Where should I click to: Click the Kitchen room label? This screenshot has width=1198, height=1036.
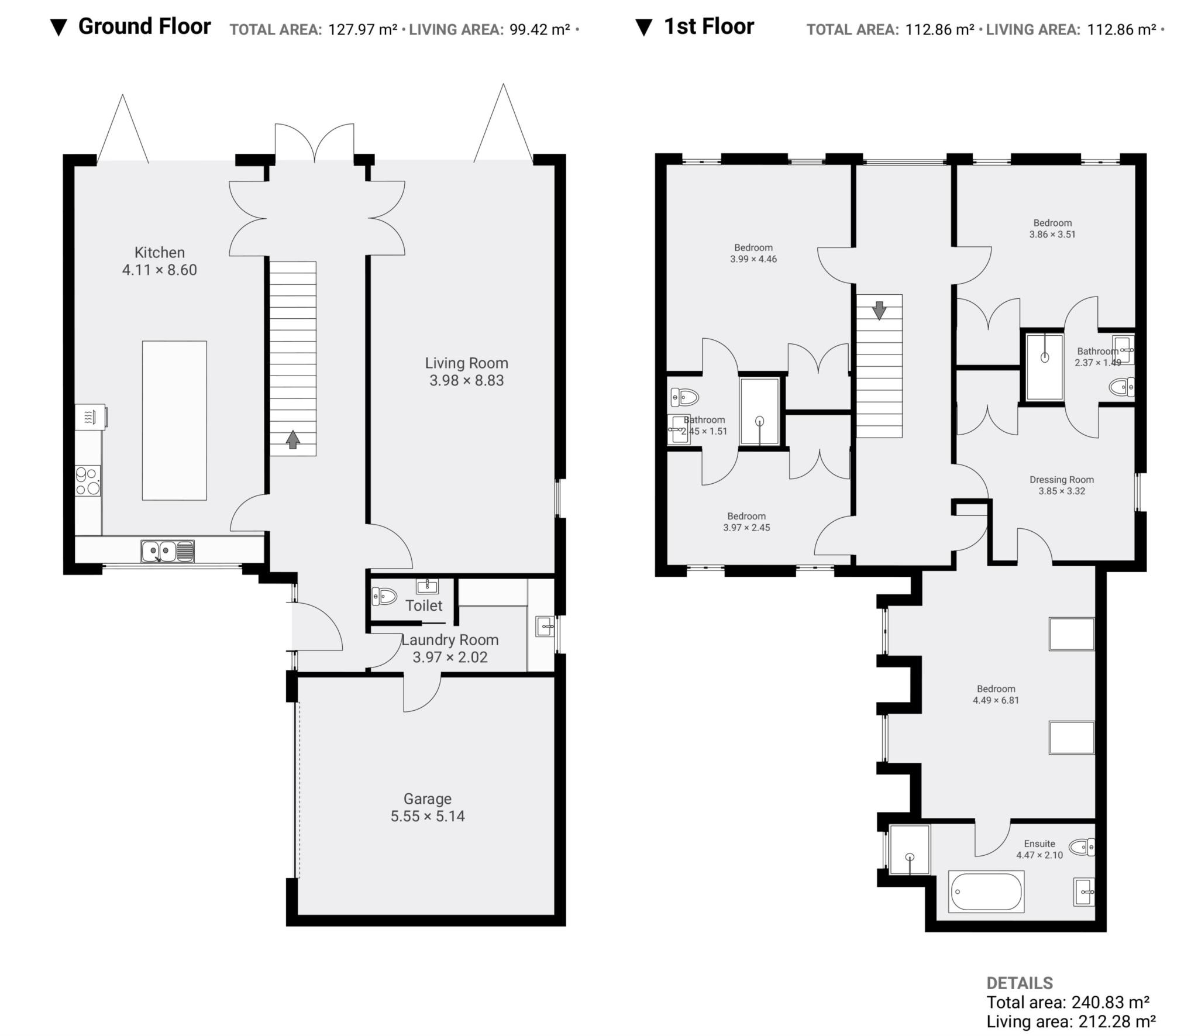(x=159, y=252)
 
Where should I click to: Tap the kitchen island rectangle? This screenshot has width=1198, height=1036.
(x=174, y=420)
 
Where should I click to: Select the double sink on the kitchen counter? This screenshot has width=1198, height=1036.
(x=167, y=551)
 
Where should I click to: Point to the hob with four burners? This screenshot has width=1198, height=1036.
(x=88, y=481)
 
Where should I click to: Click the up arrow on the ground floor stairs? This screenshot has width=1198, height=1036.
(x=292, y=439)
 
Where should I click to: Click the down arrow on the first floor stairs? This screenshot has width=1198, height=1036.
(x=879, y=310)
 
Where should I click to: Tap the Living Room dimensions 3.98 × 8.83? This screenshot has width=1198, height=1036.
(x=466, y=380)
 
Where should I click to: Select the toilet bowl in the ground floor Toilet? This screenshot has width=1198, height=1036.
(x=384, y=596)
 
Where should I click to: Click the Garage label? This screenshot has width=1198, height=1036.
(x=427, y=798)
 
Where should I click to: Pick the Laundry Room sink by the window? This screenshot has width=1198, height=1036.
(x=545, y=627)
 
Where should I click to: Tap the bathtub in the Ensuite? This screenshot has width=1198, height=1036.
(x=986, y=892)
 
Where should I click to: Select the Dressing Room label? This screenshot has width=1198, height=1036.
(x=1061, y=480)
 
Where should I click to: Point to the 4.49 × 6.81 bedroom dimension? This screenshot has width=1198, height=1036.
(x=996, y=700)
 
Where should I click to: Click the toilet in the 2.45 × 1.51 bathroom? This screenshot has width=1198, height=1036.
(x=684, y=398)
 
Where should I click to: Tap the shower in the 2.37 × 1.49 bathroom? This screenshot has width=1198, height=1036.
(x=1044, y=367)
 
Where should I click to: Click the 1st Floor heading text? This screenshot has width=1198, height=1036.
(x=708, y=26)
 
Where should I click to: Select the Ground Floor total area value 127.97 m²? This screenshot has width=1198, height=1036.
(x=363, y=29)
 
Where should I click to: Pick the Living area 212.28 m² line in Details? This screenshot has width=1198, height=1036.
(x=1070, y=1021)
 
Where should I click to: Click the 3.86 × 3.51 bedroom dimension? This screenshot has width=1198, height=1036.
(x=1052, y=234)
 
